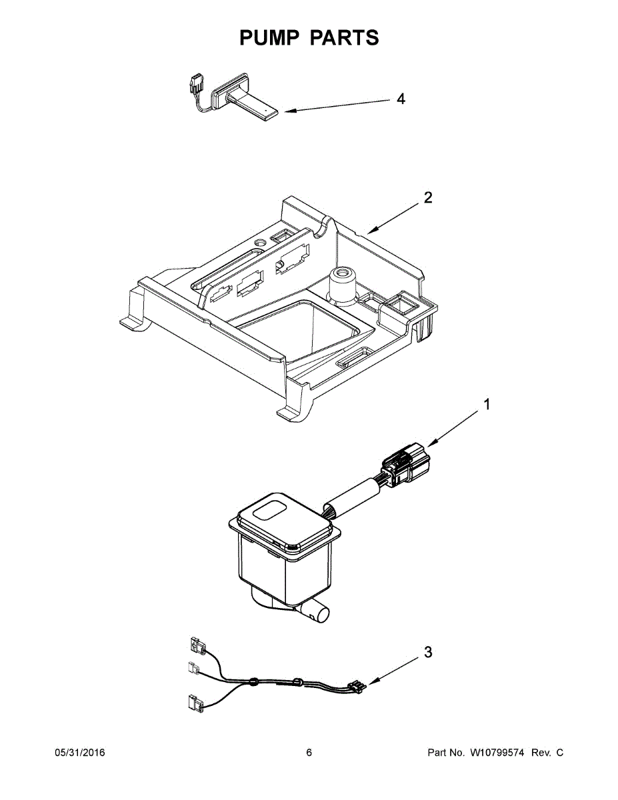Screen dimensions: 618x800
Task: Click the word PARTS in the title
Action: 345,38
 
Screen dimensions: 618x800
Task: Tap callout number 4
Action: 400,99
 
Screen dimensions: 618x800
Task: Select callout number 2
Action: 427,197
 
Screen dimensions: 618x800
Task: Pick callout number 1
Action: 487,405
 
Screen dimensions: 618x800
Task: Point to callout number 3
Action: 427,652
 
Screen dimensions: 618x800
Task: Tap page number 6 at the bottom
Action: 309,753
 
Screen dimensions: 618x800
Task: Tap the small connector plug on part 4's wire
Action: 195,85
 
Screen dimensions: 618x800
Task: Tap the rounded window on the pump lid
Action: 270,513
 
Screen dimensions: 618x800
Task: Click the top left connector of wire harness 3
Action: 196,645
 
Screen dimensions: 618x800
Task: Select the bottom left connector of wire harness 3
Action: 195,701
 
